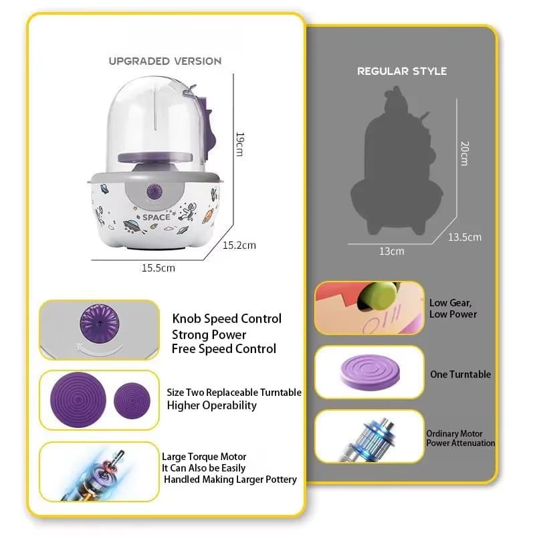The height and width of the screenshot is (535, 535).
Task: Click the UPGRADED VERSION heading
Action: tap(165, 61)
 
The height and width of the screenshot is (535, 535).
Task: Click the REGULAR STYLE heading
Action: tap(402, 71)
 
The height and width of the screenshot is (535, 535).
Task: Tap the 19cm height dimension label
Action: tap(240, 144)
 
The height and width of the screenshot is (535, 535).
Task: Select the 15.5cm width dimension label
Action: tap(158, 268)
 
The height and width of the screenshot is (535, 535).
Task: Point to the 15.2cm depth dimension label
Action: tap(239, 245)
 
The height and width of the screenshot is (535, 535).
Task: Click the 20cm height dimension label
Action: tap(465, 153)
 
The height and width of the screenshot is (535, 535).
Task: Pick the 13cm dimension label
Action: tap(392, 251)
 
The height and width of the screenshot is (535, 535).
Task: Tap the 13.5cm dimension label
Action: tap(465, 237)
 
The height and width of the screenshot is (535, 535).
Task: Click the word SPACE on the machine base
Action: tap(156, 217)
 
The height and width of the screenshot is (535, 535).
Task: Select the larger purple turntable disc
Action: tap(78, 399)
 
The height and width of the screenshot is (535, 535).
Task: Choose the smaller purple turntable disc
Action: tap(132, 401)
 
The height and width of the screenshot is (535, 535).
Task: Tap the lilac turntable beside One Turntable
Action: tap(370, 372)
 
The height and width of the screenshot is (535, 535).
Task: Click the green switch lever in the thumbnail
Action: tap(377, 296)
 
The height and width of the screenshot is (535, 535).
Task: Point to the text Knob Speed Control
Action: tap(227, 318)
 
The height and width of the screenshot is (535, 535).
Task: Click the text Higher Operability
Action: tap(211, 405)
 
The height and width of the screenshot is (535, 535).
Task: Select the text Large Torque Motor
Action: tap(204, 457)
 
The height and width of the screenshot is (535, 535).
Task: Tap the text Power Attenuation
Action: tap(461, 443)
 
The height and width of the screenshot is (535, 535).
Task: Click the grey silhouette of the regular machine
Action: tap(397, 161)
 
